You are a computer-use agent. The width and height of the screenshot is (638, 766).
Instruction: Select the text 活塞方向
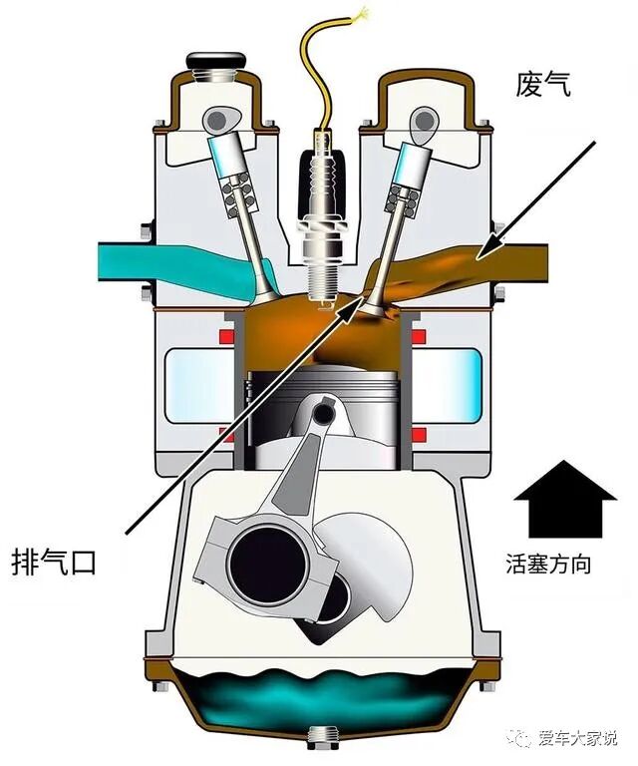point(548,565)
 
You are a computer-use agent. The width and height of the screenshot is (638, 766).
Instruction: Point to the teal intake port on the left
point(130,261)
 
